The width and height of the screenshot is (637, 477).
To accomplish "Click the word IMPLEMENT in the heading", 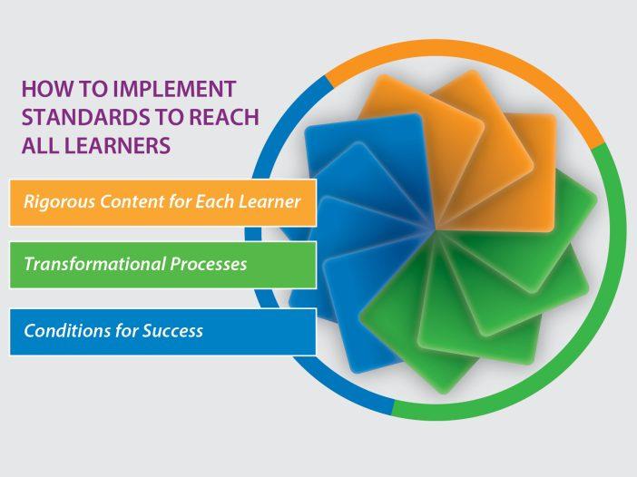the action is click(x=174, y=89).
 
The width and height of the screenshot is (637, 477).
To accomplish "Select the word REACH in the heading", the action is click(x=224, y=117).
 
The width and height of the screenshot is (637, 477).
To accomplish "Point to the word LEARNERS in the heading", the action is click(x=117, y=145).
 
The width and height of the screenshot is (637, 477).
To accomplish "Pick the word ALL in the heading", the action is click(x=40, y=145).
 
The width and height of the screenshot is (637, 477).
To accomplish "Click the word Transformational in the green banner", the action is click(x=94, y=264).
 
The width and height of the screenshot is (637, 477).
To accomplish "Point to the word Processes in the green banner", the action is click(x=208, y=265).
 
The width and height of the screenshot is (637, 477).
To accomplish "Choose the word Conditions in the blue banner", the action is click(x=67, y=331).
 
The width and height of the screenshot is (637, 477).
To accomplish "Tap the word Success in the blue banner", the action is click(x=172, y=331).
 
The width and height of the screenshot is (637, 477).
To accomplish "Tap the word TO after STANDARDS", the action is click(x=167, y=117).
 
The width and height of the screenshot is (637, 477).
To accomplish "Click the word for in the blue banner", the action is click(x=126, y=331).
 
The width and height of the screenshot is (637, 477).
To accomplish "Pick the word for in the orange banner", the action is click(x=180, y=201).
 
